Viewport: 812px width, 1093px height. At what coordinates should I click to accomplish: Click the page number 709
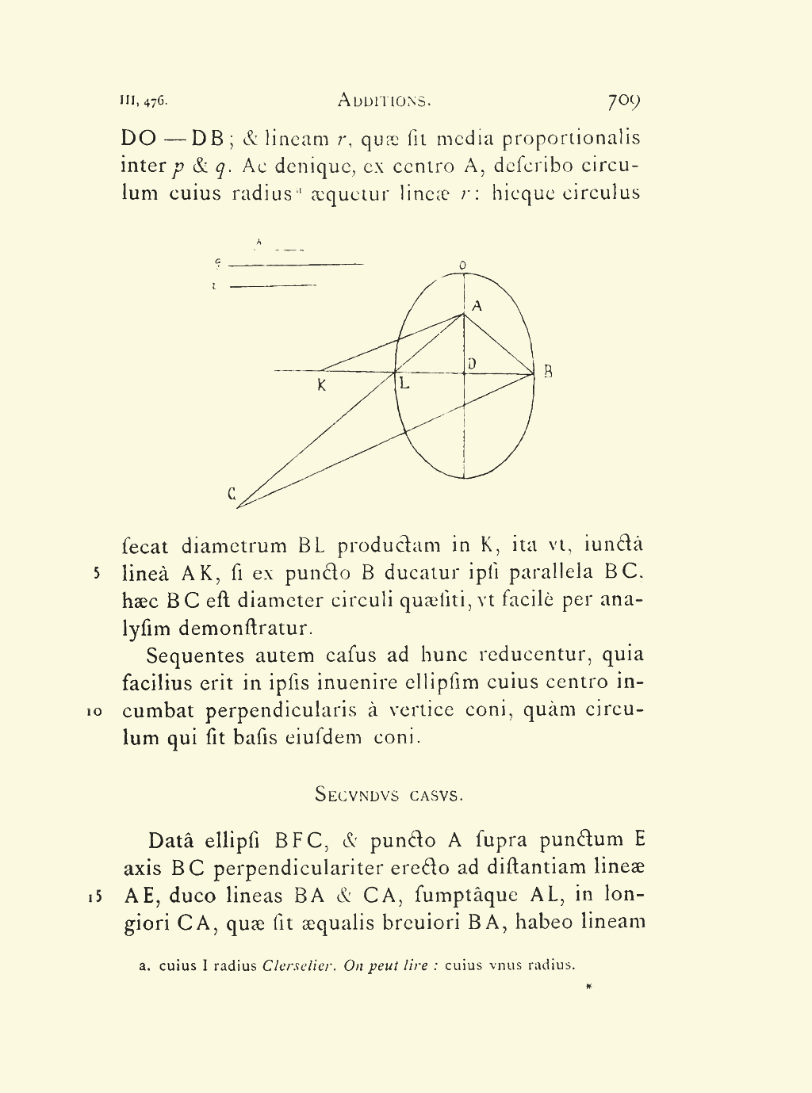[x=623, y=101]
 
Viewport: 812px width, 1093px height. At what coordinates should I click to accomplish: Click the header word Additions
[x=384, y=101]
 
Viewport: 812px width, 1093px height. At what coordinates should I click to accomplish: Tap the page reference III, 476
[x=144, y=101]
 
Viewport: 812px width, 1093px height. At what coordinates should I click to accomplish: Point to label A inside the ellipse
[x=477, y=305]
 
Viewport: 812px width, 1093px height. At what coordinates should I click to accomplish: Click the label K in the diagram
[x=321, y=386]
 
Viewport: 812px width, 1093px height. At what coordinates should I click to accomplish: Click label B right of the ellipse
[x=547, y=371]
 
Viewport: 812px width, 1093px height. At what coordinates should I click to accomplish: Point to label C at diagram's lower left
[x=232, y=494]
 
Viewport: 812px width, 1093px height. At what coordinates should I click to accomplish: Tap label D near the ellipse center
[x=472, y=364]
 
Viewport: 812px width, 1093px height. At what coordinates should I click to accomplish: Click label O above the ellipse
[x=462, y=266]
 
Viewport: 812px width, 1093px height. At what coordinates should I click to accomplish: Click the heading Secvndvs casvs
[x=389, y=794]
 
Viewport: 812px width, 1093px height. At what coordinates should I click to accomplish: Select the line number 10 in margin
[x=93, y=712]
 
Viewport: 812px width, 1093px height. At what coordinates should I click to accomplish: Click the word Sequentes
[x=196, y=656]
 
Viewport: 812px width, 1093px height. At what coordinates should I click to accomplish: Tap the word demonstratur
[x=246, y=629]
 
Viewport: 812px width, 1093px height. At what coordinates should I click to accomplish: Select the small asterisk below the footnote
[x=588, y=987]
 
